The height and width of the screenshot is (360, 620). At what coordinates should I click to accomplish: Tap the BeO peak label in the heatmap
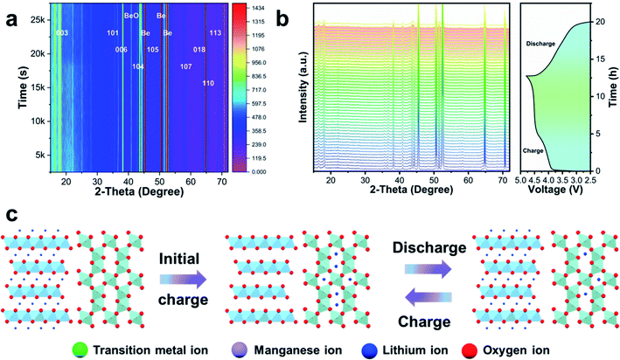[x=131, y=16]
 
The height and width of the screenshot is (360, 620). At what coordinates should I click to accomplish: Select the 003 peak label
[x=61, y=33]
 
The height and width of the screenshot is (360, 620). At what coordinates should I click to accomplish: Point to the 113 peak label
[x=215, y=33]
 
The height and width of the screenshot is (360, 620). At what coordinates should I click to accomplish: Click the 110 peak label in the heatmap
[x=208, y=83]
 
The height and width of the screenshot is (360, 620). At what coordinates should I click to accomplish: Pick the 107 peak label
[x=185, y=66]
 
